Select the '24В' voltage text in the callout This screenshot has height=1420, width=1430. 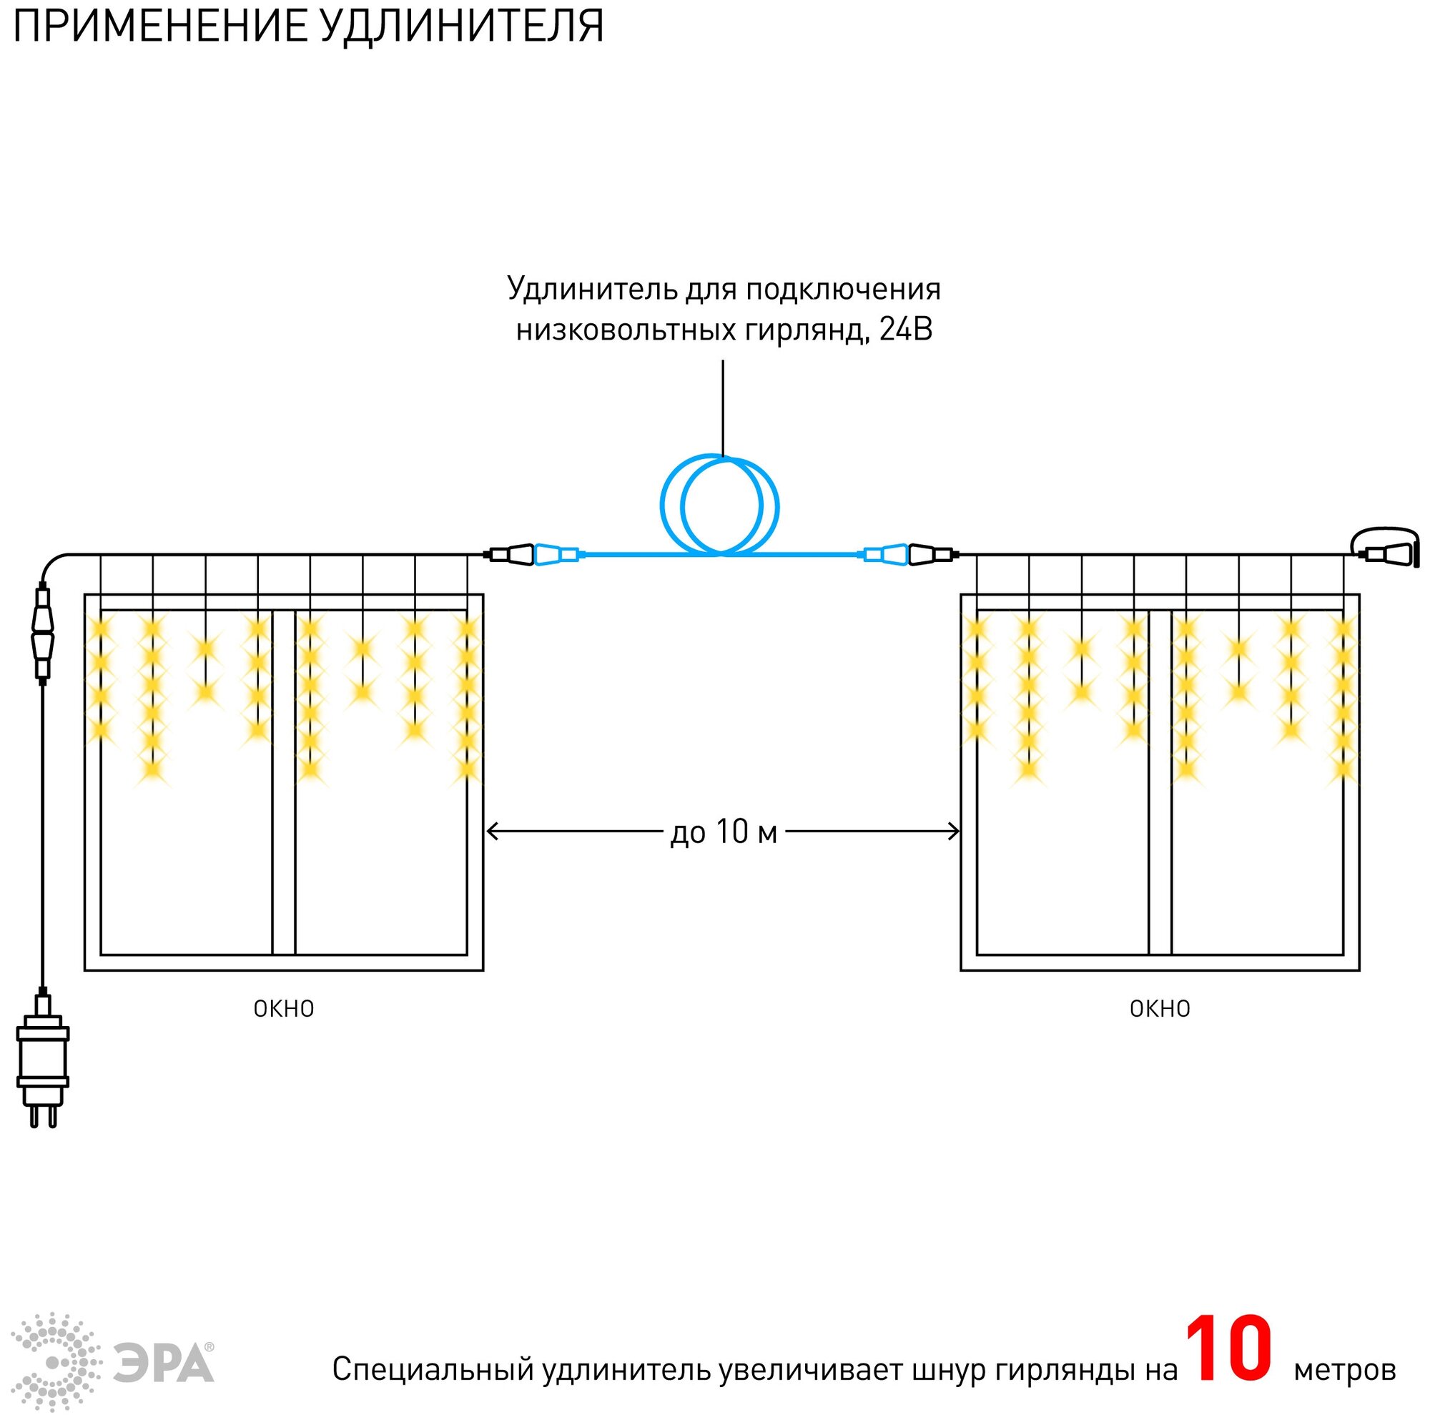[x=905, y=330]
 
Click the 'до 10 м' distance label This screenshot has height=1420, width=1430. [x=724, y=832]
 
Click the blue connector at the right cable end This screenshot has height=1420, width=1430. [x=884, y=554]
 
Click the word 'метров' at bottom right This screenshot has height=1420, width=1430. [x=1344, y=1370]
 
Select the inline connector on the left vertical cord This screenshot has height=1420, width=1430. [x=42, y=631]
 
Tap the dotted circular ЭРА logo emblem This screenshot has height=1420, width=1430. [x=56, y=1362]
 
